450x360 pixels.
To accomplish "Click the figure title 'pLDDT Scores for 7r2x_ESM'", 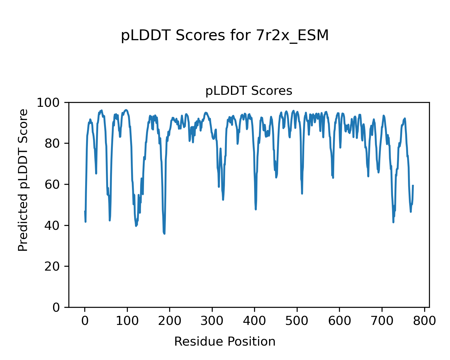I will point(225,36).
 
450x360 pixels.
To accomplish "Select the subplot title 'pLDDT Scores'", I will point(249,91).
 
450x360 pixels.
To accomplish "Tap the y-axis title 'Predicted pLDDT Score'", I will point(23,180).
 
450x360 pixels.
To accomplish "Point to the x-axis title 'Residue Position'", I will point(225,341).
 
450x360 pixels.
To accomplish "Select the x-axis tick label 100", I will point(127,321).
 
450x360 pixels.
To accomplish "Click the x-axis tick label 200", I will point(170,321).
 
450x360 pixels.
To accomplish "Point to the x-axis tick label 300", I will point(212,321).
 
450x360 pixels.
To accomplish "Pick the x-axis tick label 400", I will point(255,321).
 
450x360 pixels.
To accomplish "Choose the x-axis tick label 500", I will point(297,321).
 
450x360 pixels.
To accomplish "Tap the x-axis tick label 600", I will point(340,321).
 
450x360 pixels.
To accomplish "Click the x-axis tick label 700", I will point(382,321).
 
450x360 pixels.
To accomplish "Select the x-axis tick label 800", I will point(424,321).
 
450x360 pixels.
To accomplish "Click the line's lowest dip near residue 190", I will point(164,233).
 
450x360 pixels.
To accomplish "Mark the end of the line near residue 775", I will point(413,185).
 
